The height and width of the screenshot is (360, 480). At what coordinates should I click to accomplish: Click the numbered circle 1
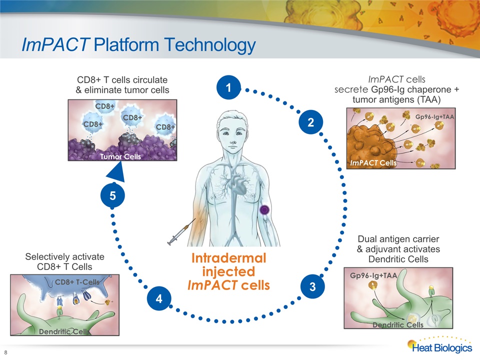point(228,87)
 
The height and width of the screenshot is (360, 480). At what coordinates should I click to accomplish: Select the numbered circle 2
point(310,122)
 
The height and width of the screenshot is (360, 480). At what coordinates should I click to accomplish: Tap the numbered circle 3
point(312,286)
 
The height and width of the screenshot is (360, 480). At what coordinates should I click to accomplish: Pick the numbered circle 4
point(159,298)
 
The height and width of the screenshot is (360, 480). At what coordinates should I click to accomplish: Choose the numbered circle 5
point(112,195)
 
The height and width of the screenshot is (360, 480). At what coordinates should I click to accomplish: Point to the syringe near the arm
point(181,231)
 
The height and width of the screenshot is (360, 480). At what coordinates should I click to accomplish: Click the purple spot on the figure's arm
point(264,210)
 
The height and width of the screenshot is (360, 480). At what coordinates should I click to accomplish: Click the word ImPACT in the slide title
point(55,44)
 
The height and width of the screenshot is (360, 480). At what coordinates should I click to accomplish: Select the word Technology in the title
point(210,45)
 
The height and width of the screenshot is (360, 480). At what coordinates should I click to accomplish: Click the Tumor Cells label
point(120,156)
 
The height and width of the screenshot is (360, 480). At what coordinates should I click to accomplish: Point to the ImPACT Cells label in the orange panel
point(373,163)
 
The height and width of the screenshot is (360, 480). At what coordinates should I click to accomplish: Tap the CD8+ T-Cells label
point(77,282)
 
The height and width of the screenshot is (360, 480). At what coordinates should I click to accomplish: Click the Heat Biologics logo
point(439,345)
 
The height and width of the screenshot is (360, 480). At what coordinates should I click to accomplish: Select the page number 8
point(6,352)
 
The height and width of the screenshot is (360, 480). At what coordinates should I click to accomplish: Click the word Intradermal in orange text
point(228,258)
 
